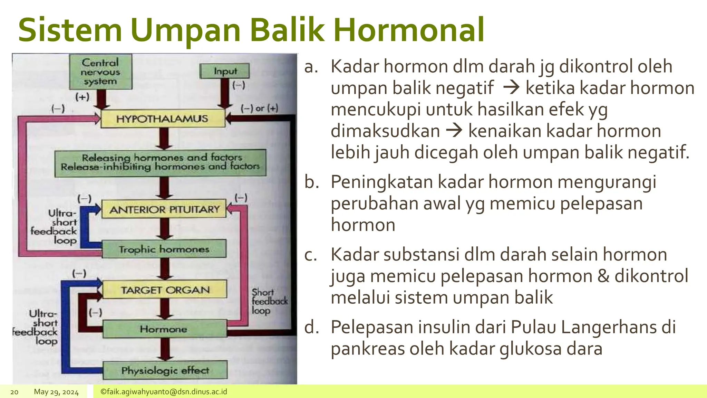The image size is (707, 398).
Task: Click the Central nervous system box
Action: pyautogui.click(x=100, y=72)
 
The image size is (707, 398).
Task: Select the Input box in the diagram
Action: pyautogui.click(x=225, y=71)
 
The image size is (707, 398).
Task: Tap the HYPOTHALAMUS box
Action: pyautogui.click(x=163, y=119)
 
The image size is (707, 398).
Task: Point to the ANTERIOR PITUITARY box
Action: pyautogui.click(x=164, y=209)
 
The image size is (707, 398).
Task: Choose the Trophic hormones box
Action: pyautogui.click(x=164, y=249)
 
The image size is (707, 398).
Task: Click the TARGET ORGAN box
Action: pyautogui.click(x=165, y=290)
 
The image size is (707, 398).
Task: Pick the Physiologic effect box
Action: pyautogui.click(x=165, y=370)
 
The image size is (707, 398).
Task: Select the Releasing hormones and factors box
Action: pyautogui.click(x=161, y=162)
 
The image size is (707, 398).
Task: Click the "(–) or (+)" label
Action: pyautogui.click(x=259, y=108)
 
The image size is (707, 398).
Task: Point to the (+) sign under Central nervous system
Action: pyautogui.click(x=82, y=97)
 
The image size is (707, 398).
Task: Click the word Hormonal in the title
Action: pyautogui.click(x=408, y=30)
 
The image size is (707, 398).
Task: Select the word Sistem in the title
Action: pyautogui.click(x=70, y=30)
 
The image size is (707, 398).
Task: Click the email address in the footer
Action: pyautogui.click(x=164, y=392)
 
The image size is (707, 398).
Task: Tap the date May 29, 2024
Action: pyautogui.click(x=56, y=392)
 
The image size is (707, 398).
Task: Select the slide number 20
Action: pyautogui.click(x=14, y=392)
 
